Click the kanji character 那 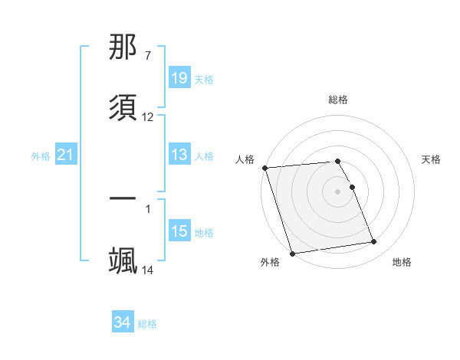(123, 48)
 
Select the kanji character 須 (123, 106)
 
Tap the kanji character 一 (123, 199)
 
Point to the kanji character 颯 (123, 260)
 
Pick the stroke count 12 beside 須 (148, 117)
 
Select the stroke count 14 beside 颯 (148, 270)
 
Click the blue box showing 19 (179, 78)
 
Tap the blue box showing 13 (179, 155)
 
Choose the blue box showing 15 (179, 231)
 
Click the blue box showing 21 (66, 155)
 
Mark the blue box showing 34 (123, 322)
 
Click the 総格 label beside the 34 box (147, 324)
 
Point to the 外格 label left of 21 (41, 156)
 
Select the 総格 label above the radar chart (338, 100)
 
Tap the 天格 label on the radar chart (432, 159)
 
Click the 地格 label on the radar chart (402, 262)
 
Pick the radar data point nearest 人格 (264, 168)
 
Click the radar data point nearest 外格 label (292, 253)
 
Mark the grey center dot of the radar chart (338, 191)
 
